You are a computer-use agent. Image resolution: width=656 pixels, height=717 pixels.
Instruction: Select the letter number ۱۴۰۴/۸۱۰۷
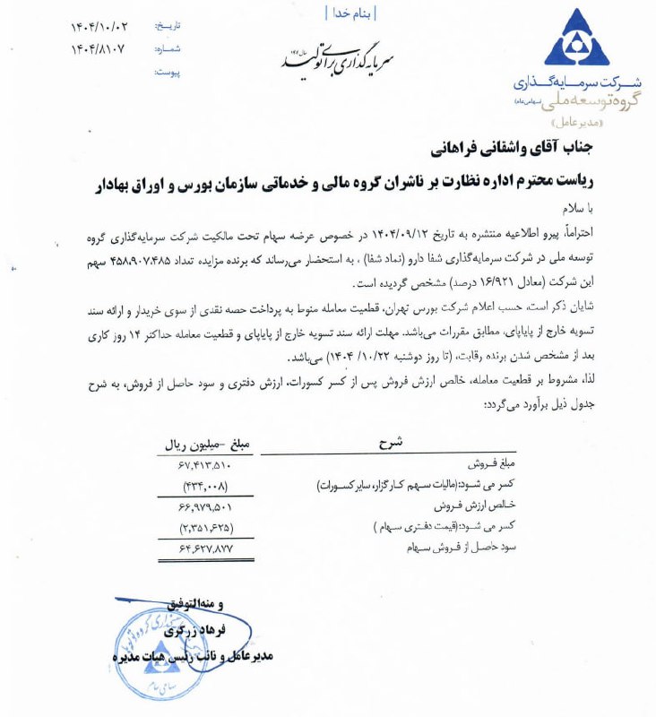99,50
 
